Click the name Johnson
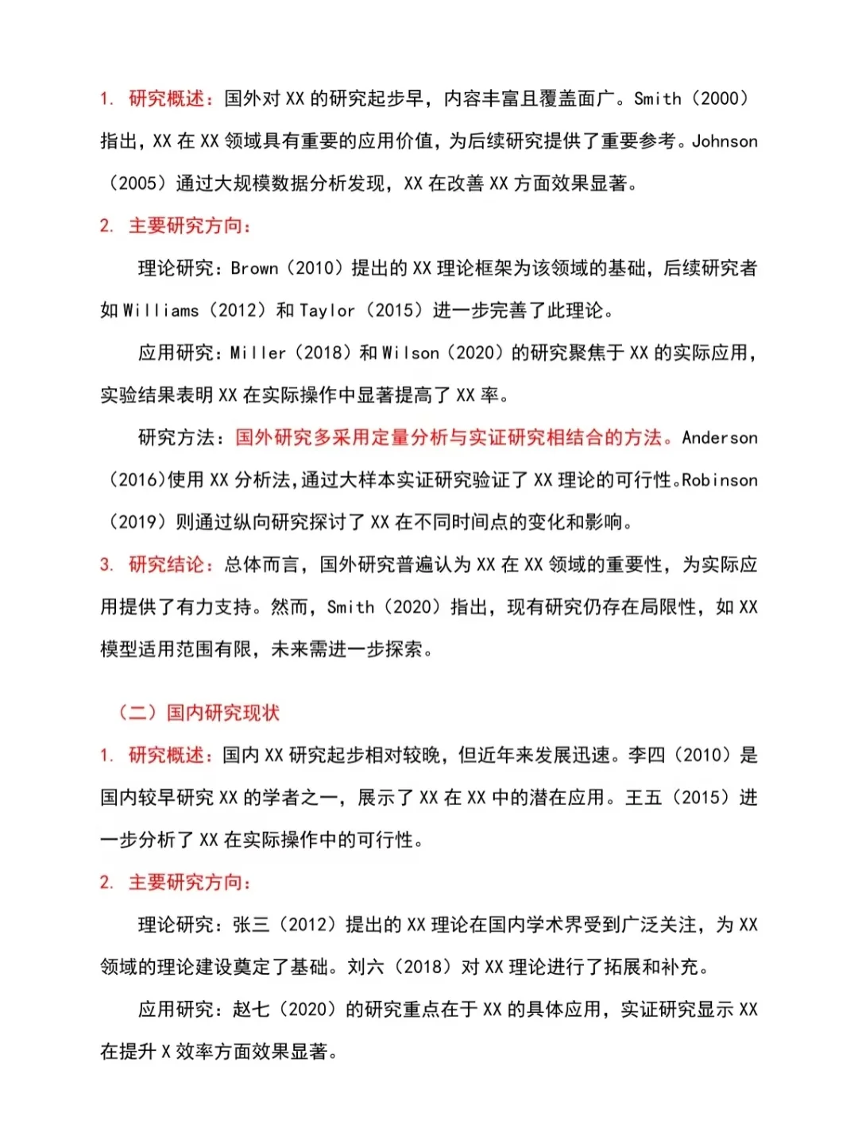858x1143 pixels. (x=725, y=141)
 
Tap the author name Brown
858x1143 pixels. (x=254, y=268)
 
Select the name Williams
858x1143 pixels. (x=160, y=310)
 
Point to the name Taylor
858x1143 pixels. (x=327, y=310)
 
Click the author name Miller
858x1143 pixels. (x=257, y=353)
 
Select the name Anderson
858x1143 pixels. (x=720, y=437)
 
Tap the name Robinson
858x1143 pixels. (x=720, y=480)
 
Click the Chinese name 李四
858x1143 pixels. (x=646, y=755)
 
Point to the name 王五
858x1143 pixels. (x=643, y=798)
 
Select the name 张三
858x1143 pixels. (x=252, y=925)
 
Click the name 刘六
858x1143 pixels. (x=365, y=967)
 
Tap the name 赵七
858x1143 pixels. (x=252, y=1010)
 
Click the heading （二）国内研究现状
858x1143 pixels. (x=199, y=712)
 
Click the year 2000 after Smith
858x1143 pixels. (x=720, y=99)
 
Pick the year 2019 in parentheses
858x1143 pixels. (x=137, y=522)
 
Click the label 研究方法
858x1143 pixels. (x=176, y=437)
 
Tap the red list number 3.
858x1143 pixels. (x=106, y=564)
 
